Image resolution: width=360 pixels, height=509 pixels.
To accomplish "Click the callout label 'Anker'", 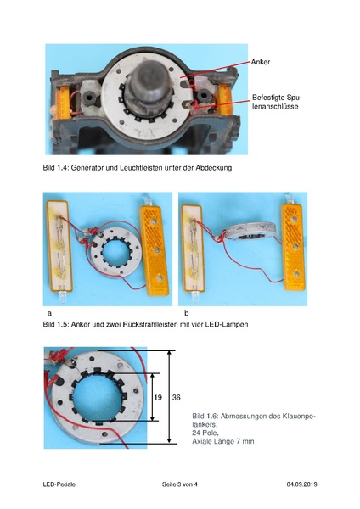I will pyautogui.click(x=261, y=62).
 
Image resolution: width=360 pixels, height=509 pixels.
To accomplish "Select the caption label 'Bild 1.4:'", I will pyautogui.click(x=59, y=168).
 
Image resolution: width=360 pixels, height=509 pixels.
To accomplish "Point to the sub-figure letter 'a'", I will pyautogui.click(x=46, y=313).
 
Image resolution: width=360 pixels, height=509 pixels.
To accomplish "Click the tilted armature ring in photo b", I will pyautogui.click(x=245, y=235).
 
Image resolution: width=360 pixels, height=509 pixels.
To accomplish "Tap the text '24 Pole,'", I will pyautogui.click(x=207, y=433).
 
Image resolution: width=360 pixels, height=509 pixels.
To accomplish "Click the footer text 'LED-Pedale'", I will pyautogui.click(x=61, y=484).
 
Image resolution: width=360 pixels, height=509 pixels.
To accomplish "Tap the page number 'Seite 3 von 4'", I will pyautogui.click(x=179, y=484).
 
